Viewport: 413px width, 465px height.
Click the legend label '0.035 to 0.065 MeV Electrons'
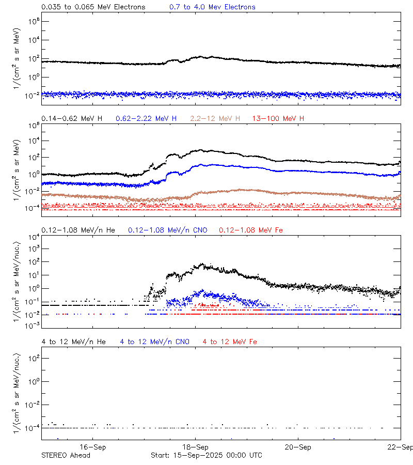coord(93,7)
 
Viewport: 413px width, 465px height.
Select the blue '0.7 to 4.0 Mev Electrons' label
coord(212,7)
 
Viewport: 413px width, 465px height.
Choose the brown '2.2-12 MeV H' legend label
coord(215,118)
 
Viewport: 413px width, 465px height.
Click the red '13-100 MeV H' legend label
coord(278,118)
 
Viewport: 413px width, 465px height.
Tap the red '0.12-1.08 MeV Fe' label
coord(251,230)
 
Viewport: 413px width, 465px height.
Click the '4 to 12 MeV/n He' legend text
coord(73,342)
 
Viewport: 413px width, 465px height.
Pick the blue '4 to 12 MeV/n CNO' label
coord(154,342)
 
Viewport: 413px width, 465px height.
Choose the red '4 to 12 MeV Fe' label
coord(230,342)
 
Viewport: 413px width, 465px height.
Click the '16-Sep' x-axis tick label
coord(93,447)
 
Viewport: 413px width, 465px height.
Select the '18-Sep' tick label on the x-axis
coord(196,447)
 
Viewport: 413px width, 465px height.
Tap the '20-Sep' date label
coord(298,447)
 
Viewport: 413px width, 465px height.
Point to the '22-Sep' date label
coord(400,447)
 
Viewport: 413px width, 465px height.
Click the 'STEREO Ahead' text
coord(66,455)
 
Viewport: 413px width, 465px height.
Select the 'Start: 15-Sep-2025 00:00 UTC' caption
coord(206,455)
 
